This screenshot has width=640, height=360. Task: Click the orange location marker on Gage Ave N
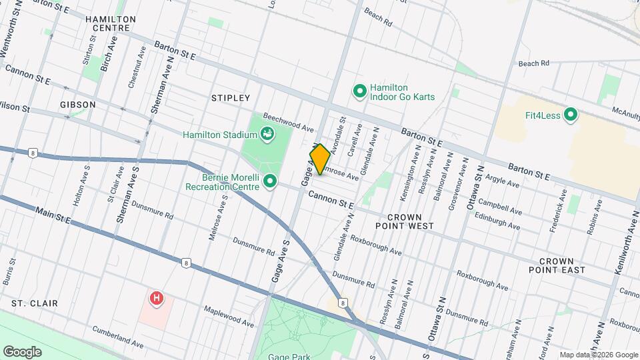click(319, 159)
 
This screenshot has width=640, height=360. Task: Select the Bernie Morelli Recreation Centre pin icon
click(270, 181)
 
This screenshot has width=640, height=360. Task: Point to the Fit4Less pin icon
click(570, 115)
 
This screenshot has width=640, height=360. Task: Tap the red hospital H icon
click(156, 298)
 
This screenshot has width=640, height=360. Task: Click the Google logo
click(23, 351)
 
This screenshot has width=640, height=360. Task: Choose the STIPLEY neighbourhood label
click(230, 98)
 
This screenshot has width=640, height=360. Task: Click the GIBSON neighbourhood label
click(78, 105)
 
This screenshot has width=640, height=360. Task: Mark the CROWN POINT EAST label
click(561, 265)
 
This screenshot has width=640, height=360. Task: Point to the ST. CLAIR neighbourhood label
click(35, 303)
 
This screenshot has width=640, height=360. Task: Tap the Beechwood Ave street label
click(288, 121)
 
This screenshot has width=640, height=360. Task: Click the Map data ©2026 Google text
click(598, 354)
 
